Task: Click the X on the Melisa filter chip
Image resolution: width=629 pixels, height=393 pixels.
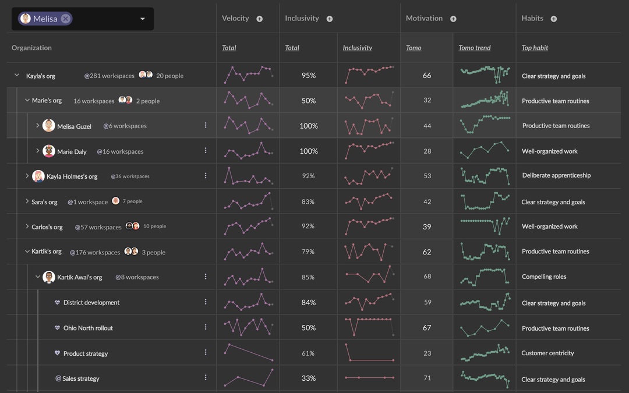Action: click(66, 19)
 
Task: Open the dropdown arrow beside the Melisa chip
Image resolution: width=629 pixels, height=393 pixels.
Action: click(143, 19)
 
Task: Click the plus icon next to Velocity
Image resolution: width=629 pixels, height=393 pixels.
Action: click(260, 19)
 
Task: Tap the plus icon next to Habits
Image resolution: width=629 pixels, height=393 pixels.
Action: click(554, 19)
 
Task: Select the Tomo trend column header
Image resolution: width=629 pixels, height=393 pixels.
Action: click(475, 48)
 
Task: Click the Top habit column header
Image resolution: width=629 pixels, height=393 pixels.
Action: click(535, 48)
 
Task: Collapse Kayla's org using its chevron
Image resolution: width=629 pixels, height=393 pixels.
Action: click(17, 75)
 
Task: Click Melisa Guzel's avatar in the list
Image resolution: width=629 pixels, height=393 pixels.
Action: click(48, 126)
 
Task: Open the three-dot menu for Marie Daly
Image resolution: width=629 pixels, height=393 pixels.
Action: click(206, 150)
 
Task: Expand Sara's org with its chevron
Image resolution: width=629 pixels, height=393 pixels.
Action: click(27, 201)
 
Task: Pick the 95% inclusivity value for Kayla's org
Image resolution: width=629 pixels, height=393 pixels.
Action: click(309, 75)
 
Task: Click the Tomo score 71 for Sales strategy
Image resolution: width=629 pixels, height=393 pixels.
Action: click(427, 378)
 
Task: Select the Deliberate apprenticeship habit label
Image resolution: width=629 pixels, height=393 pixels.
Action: click(556, 175)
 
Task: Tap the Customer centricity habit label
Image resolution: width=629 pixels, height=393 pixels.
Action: click(547, 353)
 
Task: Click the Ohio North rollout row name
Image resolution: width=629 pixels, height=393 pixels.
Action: click(88, 328)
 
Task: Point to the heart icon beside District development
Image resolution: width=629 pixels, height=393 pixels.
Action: click(57, 302)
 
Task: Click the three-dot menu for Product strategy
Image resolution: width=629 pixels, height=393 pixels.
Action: click(206, 352)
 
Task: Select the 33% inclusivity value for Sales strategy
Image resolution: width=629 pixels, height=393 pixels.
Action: click(309, 378)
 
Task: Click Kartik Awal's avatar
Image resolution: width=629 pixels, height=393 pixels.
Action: click(48, 277)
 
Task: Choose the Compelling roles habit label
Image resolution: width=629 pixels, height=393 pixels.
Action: click(544, 277)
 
